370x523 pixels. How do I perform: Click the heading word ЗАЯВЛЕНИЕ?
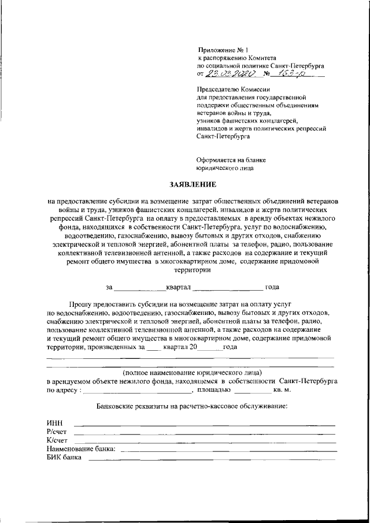pyautogui.click(x=193, y=185)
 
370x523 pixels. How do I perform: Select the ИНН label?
pyautogui.click(x=54, y=424)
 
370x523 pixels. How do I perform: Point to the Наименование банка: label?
pyautogui.click(x=81, y=448)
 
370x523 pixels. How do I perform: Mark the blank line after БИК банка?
pyautogui.click(x=211, y=459)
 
